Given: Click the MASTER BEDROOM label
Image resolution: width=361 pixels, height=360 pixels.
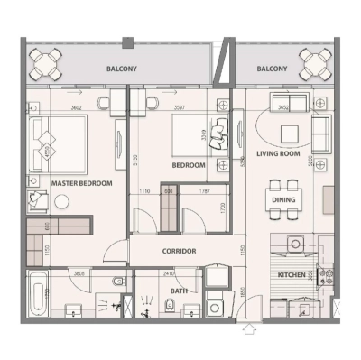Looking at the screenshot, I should (81, 183).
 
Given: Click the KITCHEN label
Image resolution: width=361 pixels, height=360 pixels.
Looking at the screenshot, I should (292, 273).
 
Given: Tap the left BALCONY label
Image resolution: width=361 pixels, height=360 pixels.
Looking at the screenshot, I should (122, 69).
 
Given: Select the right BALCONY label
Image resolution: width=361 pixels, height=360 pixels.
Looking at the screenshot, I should (272, 69).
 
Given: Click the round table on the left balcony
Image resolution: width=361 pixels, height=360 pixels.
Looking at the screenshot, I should (46, 65).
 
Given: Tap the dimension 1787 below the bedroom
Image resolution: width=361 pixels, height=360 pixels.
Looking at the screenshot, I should (205, 191).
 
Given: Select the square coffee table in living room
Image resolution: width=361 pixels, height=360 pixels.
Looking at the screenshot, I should (288, 134).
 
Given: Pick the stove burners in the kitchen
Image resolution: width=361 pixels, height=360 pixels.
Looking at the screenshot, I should (326, 273).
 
